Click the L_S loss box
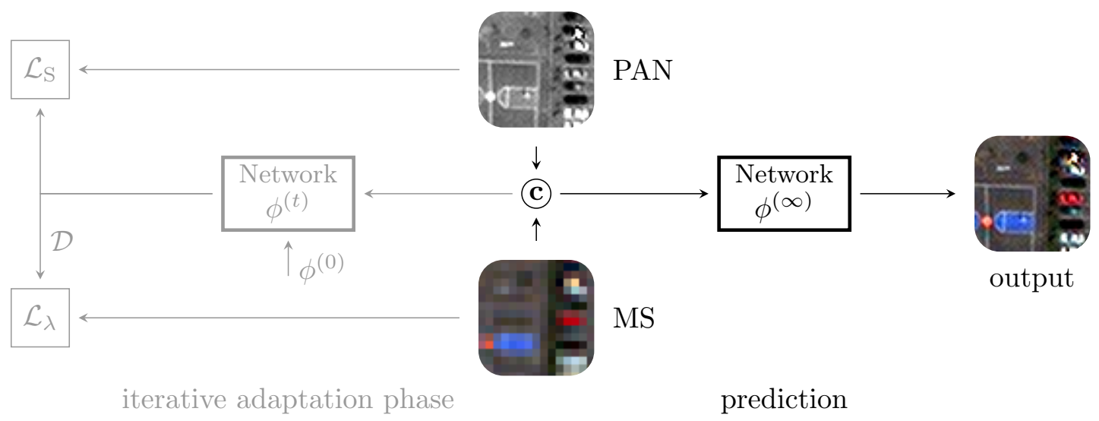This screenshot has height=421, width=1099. click(x=40, y=70)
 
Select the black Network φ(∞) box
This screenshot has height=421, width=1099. click(x=784, y=193)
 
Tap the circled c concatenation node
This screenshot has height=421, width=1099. click(x=536, y=194)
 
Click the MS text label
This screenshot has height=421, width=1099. click(x=633, y=318)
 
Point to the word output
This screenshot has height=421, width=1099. click(x=1031, y=278)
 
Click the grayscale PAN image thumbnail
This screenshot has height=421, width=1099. click(x=536, y=68)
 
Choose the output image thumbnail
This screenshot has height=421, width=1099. click(x=1031, y=194)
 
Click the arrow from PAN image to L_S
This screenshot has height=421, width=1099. click(x=270, y=70)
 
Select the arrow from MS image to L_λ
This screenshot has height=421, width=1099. click(x=270, y=318)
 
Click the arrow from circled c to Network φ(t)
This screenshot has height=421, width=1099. click(x=438, y=194)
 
